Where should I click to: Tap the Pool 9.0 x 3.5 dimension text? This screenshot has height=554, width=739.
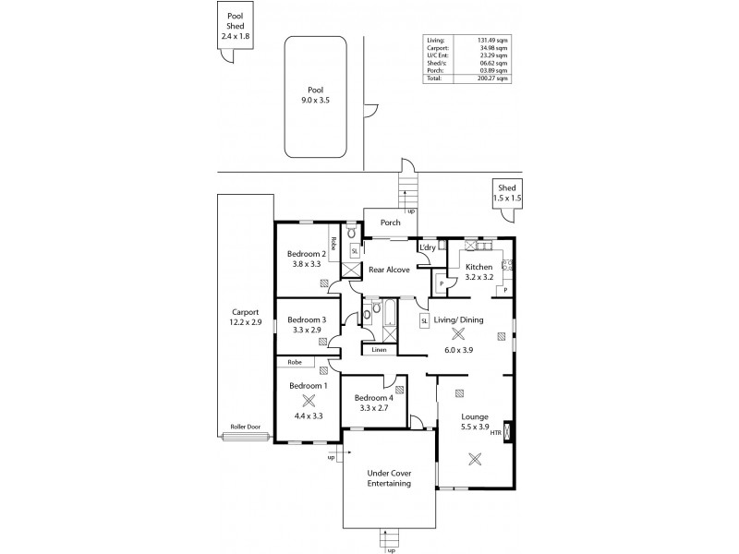pos(316,100)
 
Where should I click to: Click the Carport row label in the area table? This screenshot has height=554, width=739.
pos(437,48)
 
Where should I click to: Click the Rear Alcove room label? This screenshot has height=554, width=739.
pos(389,271)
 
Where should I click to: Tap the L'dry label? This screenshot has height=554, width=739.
pos(428,248)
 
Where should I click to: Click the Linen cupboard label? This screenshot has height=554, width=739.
pos(380,351)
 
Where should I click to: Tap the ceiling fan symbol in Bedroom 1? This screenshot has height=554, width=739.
pos(308,400)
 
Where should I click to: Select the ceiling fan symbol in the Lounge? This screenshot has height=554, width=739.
pos(476,458)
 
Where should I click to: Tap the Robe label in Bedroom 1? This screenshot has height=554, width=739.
pos(296,362)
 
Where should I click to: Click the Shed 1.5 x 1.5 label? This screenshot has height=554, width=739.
pos(507,193)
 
